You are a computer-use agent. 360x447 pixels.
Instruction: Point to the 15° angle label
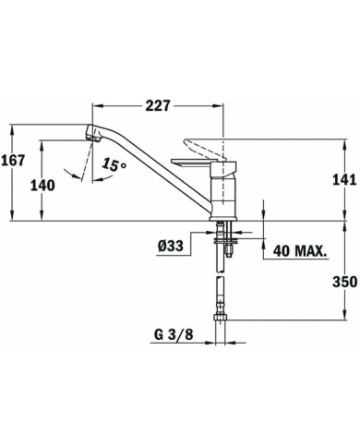[114, 165]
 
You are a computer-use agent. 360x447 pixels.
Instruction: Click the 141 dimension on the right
[343, 181]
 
